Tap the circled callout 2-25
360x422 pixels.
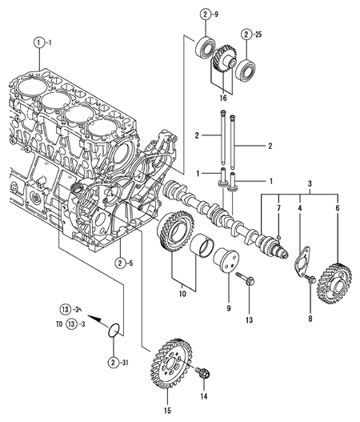pyautogui.click(x=254, y=34)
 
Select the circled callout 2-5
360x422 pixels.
pyautogui.click(x=122, y=262)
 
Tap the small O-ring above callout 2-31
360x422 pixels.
pyautogui.click(x=117, y=329)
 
